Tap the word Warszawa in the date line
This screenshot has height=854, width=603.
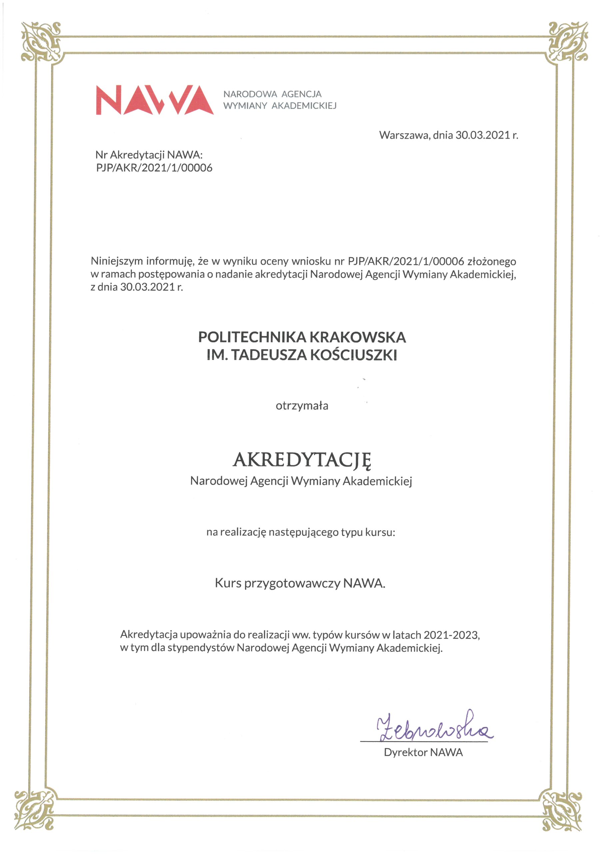pos(403,135)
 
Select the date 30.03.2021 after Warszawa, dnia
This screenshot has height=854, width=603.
pos(483,135)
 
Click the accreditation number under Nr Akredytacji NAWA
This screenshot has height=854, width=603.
pos(154,168)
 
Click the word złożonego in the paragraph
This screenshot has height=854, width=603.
pos(491,261)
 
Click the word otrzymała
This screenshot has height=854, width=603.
pos(302,406)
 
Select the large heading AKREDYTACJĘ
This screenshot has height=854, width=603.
pos(302,460)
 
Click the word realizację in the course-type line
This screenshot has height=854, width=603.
pos(243,532)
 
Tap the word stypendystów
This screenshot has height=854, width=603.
pos(201,648)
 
